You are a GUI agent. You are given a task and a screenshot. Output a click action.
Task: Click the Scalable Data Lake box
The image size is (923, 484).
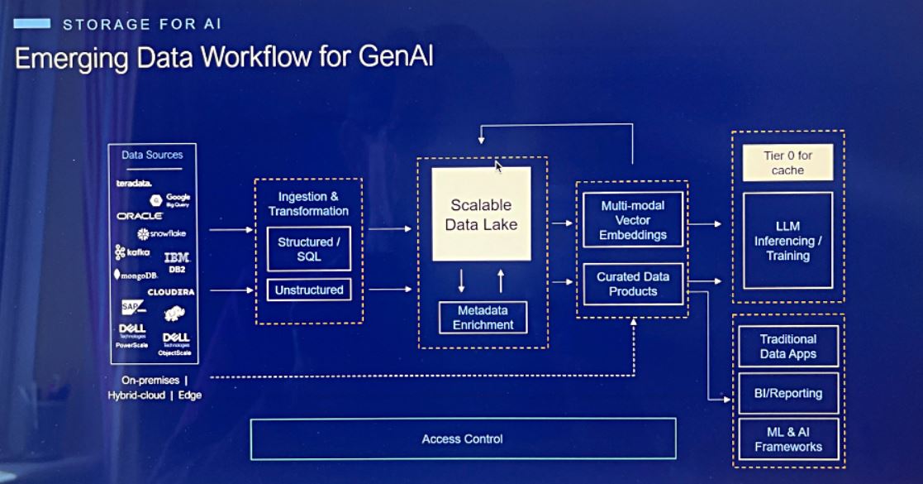(481, 213)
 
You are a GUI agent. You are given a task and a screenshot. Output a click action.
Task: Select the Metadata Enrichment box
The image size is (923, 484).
(483, 318)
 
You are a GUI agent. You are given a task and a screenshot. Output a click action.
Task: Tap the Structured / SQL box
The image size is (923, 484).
(308, 249)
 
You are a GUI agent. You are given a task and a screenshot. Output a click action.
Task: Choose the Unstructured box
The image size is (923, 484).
(308, 290)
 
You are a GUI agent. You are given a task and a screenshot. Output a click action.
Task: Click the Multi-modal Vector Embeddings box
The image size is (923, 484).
(632, 219)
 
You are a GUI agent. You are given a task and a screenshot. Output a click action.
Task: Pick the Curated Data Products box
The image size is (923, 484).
(632, 284)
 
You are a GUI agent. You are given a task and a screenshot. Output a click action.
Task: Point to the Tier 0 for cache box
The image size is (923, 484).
(787, 163)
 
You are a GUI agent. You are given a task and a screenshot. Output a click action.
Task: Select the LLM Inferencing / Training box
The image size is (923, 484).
(787, 241)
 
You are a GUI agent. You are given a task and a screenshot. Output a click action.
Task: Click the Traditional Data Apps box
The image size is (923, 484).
(788, 346)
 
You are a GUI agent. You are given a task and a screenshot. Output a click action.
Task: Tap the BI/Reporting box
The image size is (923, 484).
(788, 393)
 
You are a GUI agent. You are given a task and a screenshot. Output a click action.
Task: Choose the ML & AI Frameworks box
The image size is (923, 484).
(788, 439)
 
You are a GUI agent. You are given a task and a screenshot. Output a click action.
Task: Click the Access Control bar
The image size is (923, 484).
(463, 438)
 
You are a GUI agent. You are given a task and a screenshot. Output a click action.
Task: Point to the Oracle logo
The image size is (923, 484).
(140, 215)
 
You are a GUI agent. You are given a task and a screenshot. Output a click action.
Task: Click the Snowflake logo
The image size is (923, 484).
(163, 234)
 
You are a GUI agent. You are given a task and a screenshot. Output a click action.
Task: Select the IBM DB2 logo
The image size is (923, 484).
(177, 261)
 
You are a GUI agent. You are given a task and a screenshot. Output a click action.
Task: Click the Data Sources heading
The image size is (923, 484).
(152, 155)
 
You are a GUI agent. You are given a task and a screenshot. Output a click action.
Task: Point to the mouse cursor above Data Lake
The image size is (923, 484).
(498, 166)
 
